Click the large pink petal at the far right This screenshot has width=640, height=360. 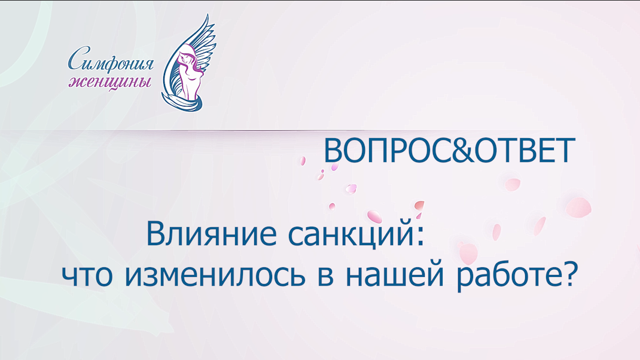[578, 207]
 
